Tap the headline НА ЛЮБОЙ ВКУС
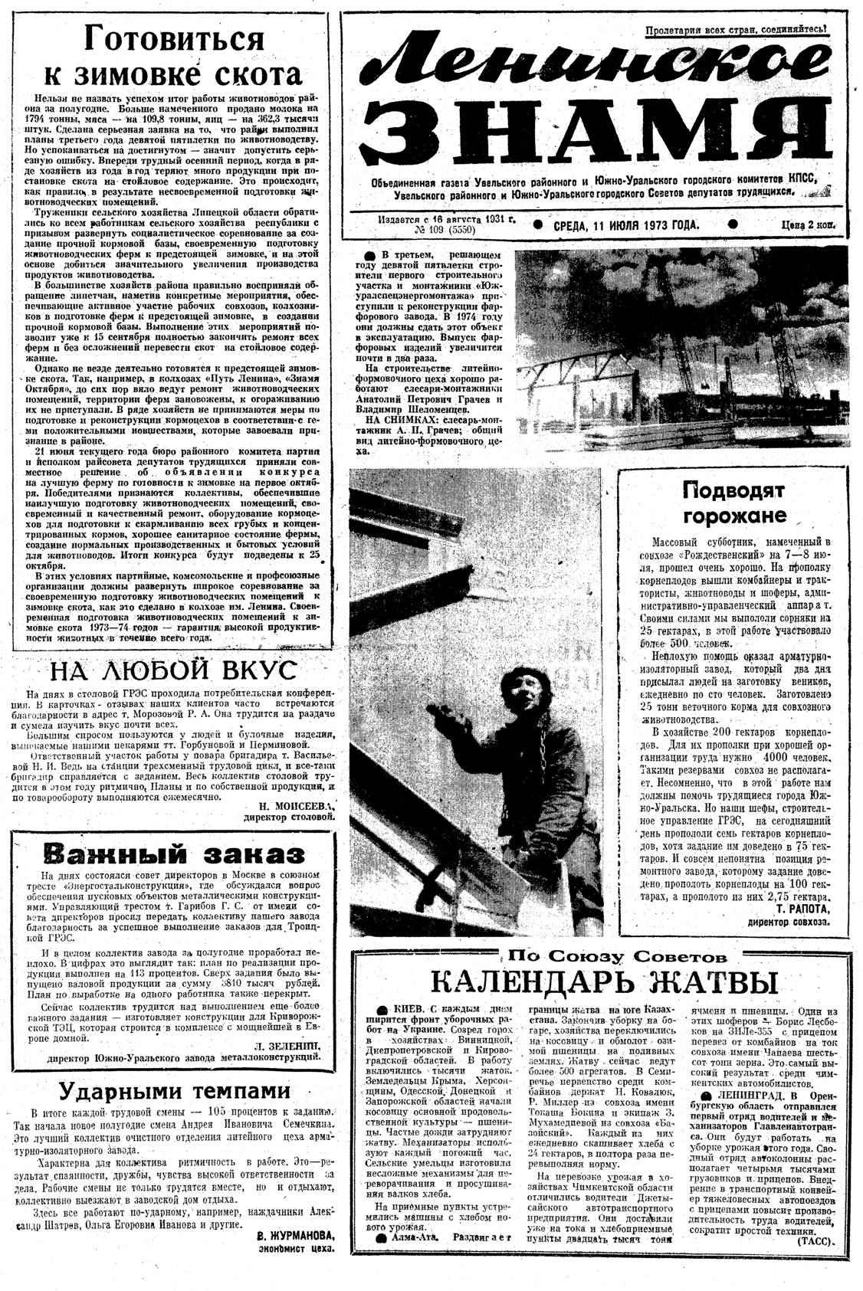click(x=172, y=670)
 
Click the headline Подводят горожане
click(x=733, y=502)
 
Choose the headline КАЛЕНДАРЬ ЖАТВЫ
click(x=603, y=983)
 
